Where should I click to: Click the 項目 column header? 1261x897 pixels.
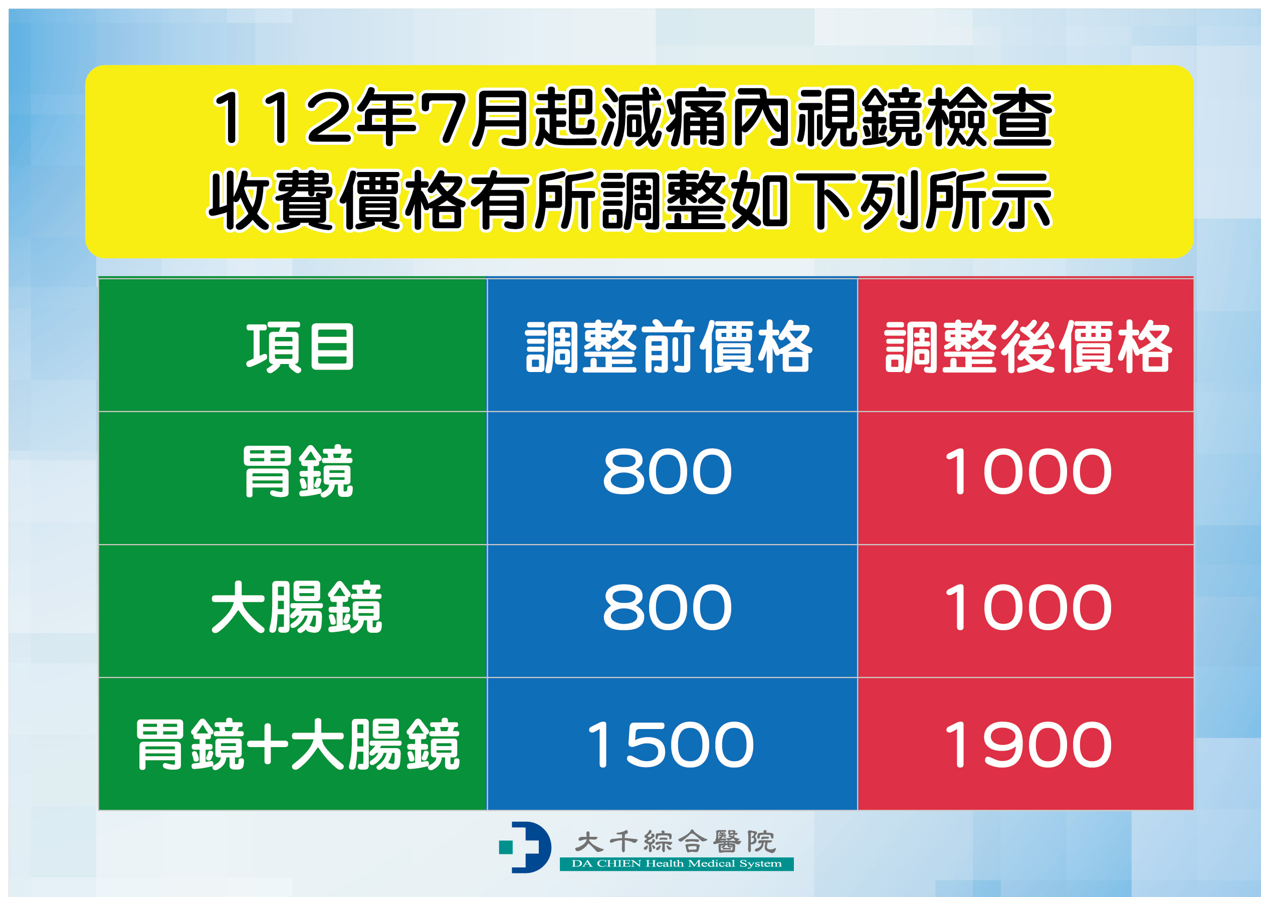[300, 346]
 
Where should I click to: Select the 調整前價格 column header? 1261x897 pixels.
[669, 346]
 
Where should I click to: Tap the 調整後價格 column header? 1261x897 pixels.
[1028, 346]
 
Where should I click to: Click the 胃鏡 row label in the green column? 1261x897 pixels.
[298, 471]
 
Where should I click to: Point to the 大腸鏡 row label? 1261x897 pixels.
[297, 608]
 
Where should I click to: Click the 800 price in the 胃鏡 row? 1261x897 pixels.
[668, 471]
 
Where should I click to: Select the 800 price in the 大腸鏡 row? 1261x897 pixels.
[668, 608]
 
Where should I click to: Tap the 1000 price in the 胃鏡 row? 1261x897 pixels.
[1028, 471]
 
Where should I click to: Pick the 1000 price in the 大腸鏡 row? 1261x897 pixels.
[1028, 608]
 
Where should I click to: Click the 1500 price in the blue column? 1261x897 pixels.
[670, 745]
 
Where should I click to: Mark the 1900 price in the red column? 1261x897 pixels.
[1028, 745]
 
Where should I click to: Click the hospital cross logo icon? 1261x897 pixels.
[524, 847]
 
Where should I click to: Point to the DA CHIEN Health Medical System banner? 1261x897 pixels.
[676, 864]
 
